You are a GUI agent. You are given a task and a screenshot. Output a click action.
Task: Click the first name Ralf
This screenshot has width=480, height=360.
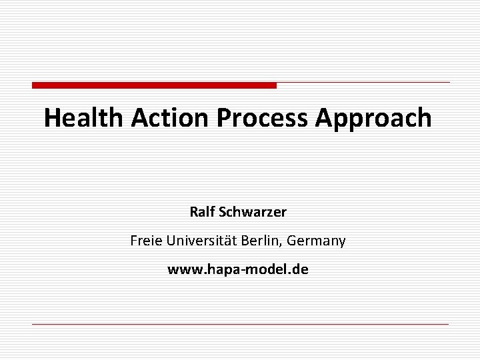coord(202,213)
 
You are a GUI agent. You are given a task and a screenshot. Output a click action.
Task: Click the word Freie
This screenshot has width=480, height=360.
coord(146,241)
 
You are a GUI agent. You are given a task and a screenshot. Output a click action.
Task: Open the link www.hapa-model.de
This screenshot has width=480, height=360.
coord(238,270)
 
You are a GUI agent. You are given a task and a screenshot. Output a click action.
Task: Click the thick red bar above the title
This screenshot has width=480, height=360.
coord(154,85)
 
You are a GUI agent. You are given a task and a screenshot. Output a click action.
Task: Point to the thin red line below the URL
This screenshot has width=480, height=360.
coord(240,324)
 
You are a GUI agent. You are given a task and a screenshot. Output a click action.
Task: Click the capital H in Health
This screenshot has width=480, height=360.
coord(51,119)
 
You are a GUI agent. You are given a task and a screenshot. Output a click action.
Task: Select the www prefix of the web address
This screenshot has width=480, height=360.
coord(181,271)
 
